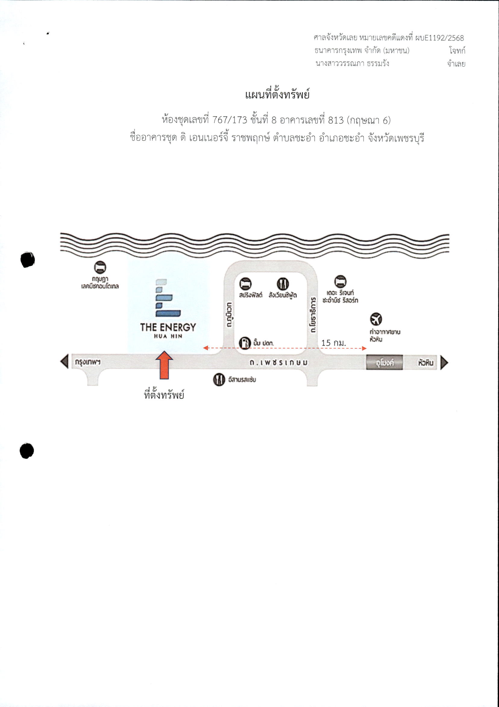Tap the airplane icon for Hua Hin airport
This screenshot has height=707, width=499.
(376, 319)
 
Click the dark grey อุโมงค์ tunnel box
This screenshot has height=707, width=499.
(384, 363)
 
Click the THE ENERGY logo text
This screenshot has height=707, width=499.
(168, 327)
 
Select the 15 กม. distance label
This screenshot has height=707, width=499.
(334, 342)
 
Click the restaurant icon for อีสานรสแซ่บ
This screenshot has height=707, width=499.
(218, 380)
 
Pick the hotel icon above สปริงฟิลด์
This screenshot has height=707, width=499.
(245, 283)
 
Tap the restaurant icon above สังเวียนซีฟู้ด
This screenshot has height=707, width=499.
(283, 283)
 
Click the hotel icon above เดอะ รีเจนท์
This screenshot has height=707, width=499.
(341, 281)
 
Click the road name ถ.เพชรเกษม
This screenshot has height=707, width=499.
(278, 363)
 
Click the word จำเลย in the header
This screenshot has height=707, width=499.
(456, 64)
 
